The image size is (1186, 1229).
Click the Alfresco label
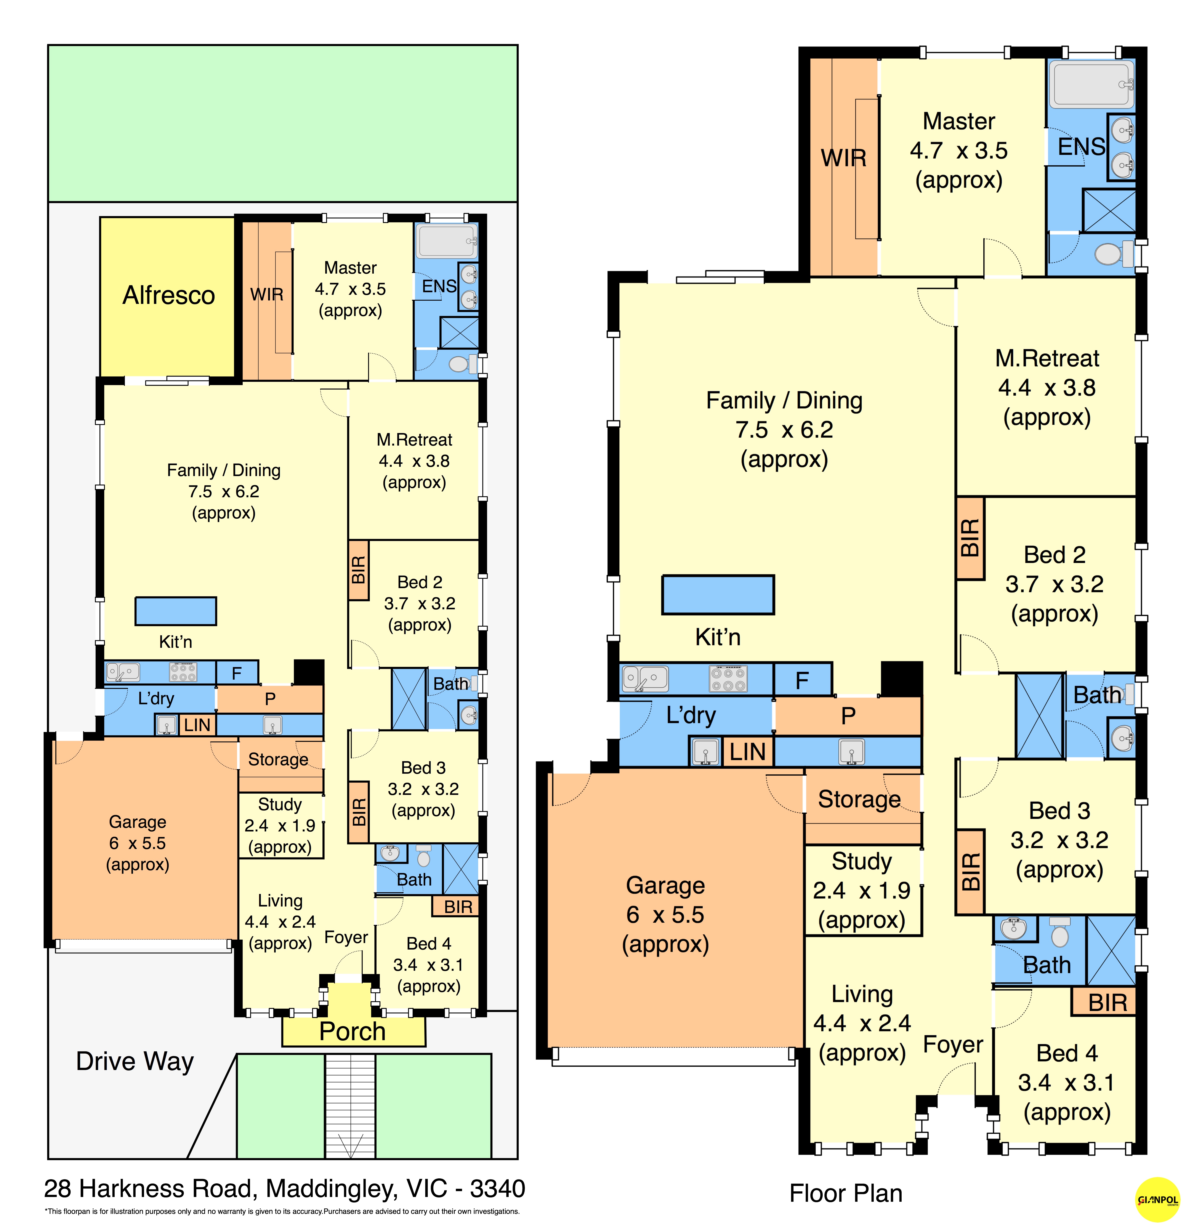click(169, 295)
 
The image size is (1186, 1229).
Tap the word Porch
click(352, 1032)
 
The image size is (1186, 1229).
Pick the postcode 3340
click(498, 1189)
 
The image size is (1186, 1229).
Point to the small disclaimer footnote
click(282, 1211)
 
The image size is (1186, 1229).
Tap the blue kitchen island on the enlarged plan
click(718, 594)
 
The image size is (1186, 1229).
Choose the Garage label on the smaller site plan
click(137, 822)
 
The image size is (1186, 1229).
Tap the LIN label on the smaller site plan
click(197, 725)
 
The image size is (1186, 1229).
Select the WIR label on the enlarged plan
click(844, 158)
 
